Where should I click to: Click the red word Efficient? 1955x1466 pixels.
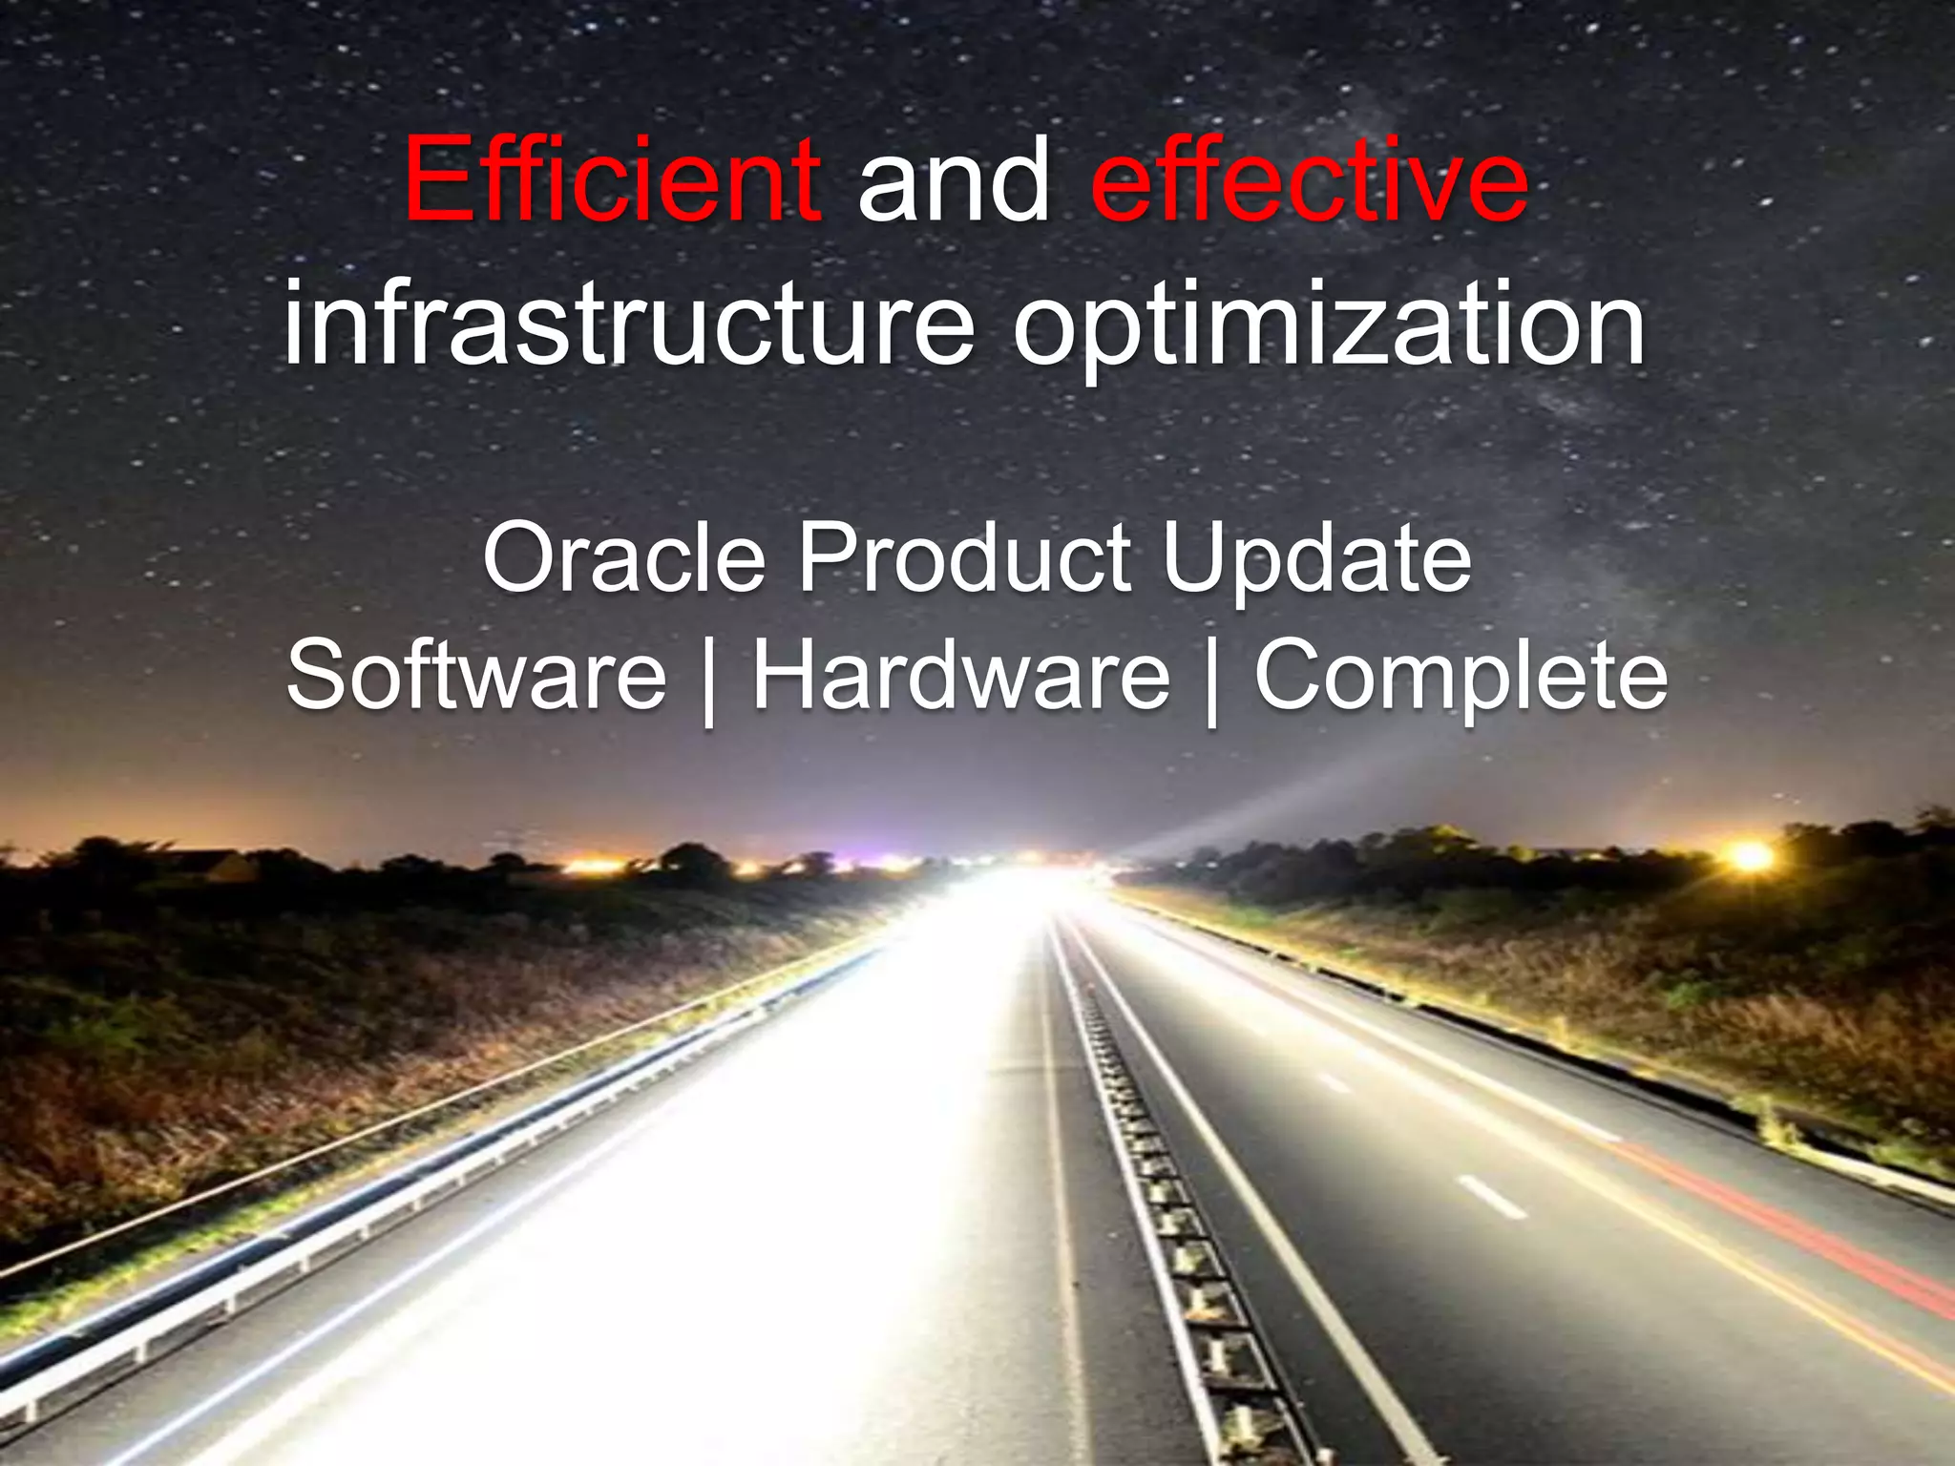[611, 179]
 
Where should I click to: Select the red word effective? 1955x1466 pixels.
[1309, 179]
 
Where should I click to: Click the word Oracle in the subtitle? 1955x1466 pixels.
[624, 558]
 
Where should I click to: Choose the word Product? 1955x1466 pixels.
[964, 558]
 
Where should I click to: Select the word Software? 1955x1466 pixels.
[476, 676]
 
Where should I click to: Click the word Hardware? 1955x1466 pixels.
[960, 676]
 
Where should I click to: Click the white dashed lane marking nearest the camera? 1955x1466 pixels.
[1493, 1197]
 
